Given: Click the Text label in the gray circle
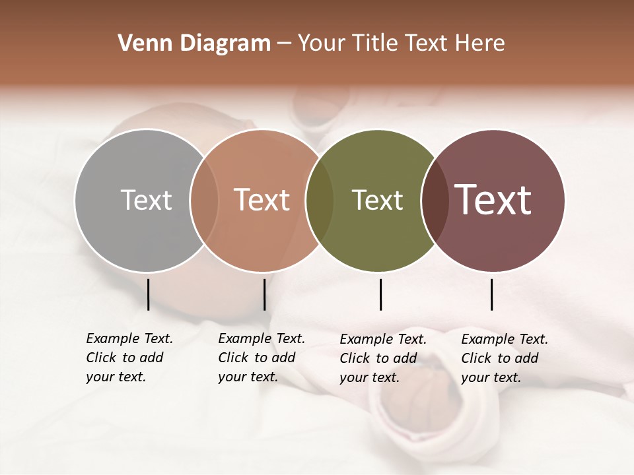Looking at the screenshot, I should (x=146, y=200).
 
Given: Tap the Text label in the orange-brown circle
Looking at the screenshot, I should (x=262, y=200).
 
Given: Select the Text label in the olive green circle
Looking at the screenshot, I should (x=377, y=200).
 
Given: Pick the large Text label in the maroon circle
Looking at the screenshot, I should (x=493, y=200).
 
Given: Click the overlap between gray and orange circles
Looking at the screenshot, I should (x=204, y=200).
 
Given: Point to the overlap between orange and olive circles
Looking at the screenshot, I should (x=319, y=200).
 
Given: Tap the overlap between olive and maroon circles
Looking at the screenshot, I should (x=435, y=200).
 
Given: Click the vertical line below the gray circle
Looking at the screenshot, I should (x=148, y=294).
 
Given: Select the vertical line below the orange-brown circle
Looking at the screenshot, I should (x=264, y=294).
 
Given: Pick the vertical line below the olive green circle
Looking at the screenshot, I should (x=380, y=294).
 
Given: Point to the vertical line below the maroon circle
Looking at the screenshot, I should (x=491, y=294).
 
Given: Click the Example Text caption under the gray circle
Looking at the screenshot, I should (x=129, y=358).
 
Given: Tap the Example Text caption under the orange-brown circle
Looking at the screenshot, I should (x=261, y=358).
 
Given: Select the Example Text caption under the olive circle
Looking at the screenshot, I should (x=382, y=358).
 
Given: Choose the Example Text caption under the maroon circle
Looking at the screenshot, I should (x=504, y=358).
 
